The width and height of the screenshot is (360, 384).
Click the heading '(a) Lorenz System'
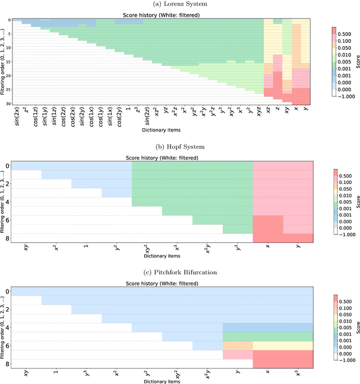pos(180,4)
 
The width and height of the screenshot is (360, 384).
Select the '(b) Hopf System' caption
pos(180,146)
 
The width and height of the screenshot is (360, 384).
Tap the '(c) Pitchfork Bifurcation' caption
pos(180,273)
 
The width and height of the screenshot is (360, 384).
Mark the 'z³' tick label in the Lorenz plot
pos(137,115)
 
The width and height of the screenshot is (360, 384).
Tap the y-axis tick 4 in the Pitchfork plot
pos(7,328)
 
